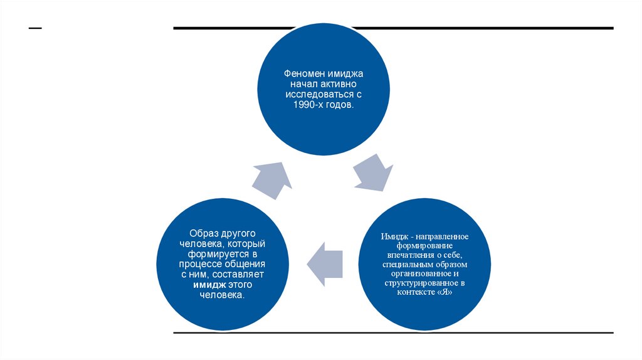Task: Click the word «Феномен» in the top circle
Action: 297,74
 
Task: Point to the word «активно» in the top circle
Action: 339,84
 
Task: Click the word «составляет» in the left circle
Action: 244,274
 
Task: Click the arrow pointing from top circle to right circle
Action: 374,172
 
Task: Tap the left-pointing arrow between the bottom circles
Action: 325,262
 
